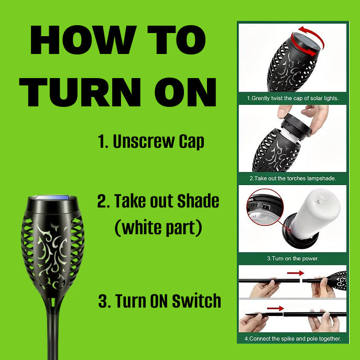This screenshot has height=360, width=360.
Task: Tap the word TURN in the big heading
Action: pos(80,92)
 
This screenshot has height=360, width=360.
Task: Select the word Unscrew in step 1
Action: pos(144,141)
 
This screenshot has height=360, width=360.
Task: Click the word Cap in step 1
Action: pos(191,142)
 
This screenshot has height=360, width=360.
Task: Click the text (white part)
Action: pos(158,227)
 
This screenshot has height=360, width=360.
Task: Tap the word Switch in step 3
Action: pos(197,301)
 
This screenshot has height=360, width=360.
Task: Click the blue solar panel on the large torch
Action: pos(53,198)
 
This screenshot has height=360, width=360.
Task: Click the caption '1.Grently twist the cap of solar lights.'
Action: pos(293,99)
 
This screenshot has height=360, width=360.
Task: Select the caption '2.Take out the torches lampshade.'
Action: pos(293,178)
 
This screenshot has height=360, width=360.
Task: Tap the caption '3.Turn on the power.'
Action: pos(293,258)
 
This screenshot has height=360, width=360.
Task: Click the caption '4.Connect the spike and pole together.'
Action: pos(293,339)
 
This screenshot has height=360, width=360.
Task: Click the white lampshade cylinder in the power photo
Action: pos(315,213)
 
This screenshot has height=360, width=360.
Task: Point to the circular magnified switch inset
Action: pos(265,207)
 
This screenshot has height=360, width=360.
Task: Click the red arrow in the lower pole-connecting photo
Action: pos(275,308)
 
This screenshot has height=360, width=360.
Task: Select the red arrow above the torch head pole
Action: pos(296,273)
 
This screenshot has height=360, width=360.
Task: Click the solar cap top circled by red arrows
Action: pos(307,42)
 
